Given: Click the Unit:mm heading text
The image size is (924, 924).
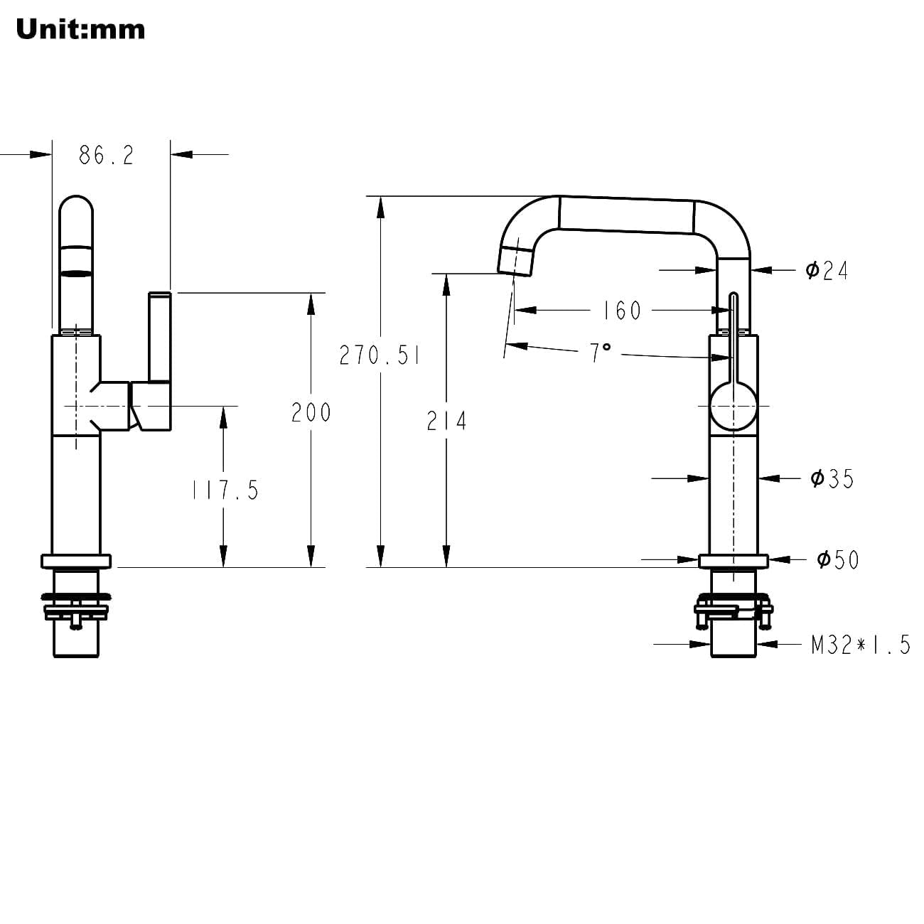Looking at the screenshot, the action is (x=80, y=29).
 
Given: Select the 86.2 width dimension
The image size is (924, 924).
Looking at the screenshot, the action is (x=107, y=156).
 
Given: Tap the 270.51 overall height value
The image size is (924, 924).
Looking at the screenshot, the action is (x=380, y=355).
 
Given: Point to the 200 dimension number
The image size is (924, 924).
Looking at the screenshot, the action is (x=311, y=412).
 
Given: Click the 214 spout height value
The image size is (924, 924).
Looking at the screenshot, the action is (x=447, y=421).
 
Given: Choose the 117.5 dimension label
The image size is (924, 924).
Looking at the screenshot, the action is (x=225, y=490).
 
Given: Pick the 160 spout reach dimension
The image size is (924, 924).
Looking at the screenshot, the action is (x=622, y=310).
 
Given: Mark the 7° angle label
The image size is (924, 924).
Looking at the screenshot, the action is (x=600, y=353).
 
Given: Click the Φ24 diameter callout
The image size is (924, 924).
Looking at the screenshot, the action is (x=827, y=270).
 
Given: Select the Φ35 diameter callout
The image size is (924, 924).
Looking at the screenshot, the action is (x=832, y=478).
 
